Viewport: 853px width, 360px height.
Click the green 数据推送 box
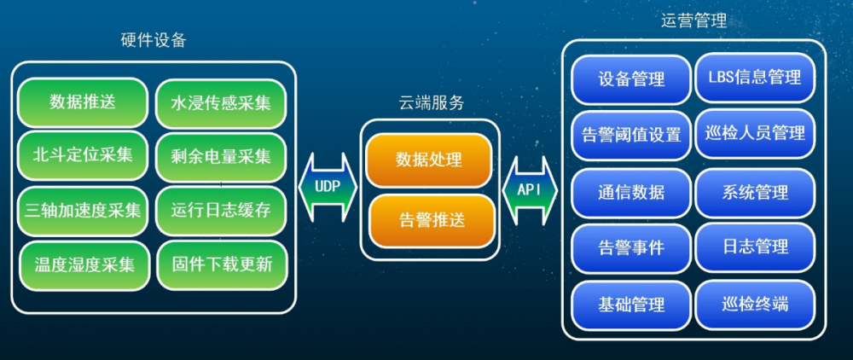click(x=83, y=102)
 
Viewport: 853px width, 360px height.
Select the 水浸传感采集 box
click(x=220, y=102)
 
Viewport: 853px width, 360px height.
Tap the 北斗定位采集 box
click(x=83, y=155)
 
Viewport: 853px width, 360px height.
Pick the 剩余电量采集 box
click(x=220, y=155)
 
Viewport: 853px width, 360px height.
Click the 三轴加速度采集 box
click(x=83, y=209)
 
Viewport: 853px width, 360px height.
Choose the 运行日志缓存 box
click(x=220, y=209)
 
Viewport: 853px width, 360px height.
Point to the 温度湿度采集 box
click(x=83, y=264)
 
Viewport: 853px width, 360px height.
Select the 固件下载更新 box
click(x=220, y=264)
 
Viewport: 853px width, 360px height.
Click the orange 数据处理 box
click(x=429, y=160)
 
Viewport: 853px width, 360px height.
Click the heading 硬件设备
click(x=154, y=40)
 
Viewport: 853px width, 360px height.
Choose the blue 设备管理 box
click(x=631, y=79)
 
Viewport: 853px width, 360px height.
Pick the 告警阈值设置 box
click(x=631, y=135)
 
